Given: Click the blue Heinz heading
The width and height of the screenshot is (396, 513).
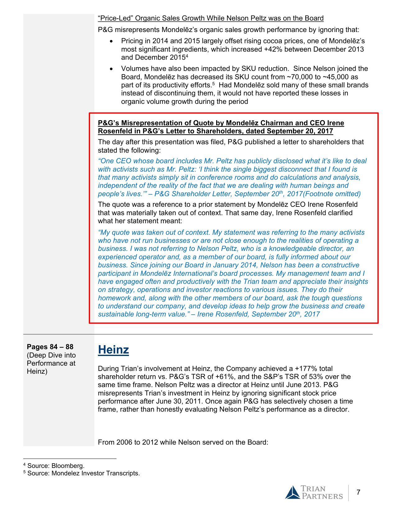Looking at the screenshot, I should pyautogui.click(x=113, y=349).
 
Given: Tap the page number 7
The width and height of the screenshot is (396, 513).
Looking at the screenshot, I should pyautogui.click(x=358, y=492).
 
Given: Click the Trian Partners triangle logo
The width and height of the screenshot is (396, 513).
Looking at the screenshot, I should pyautogui.click(x=292, y=492).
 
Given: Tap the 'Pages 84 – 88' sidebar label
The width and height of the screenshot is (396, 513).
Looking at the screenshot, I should pyautogui.click(x=50, y=347).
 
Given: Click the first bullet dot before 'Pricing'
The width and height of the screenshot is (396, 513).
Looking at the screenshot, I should pyautogui.click(x=112, y=41).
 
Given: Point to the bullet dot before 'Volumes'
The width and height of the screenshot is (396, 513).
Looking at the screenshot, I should pyautogui.click(x=112, y=69).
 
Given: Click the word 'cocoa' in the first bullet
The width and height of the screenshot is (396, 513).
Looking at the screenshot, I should pyautogui.click(x=268, y=41).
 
